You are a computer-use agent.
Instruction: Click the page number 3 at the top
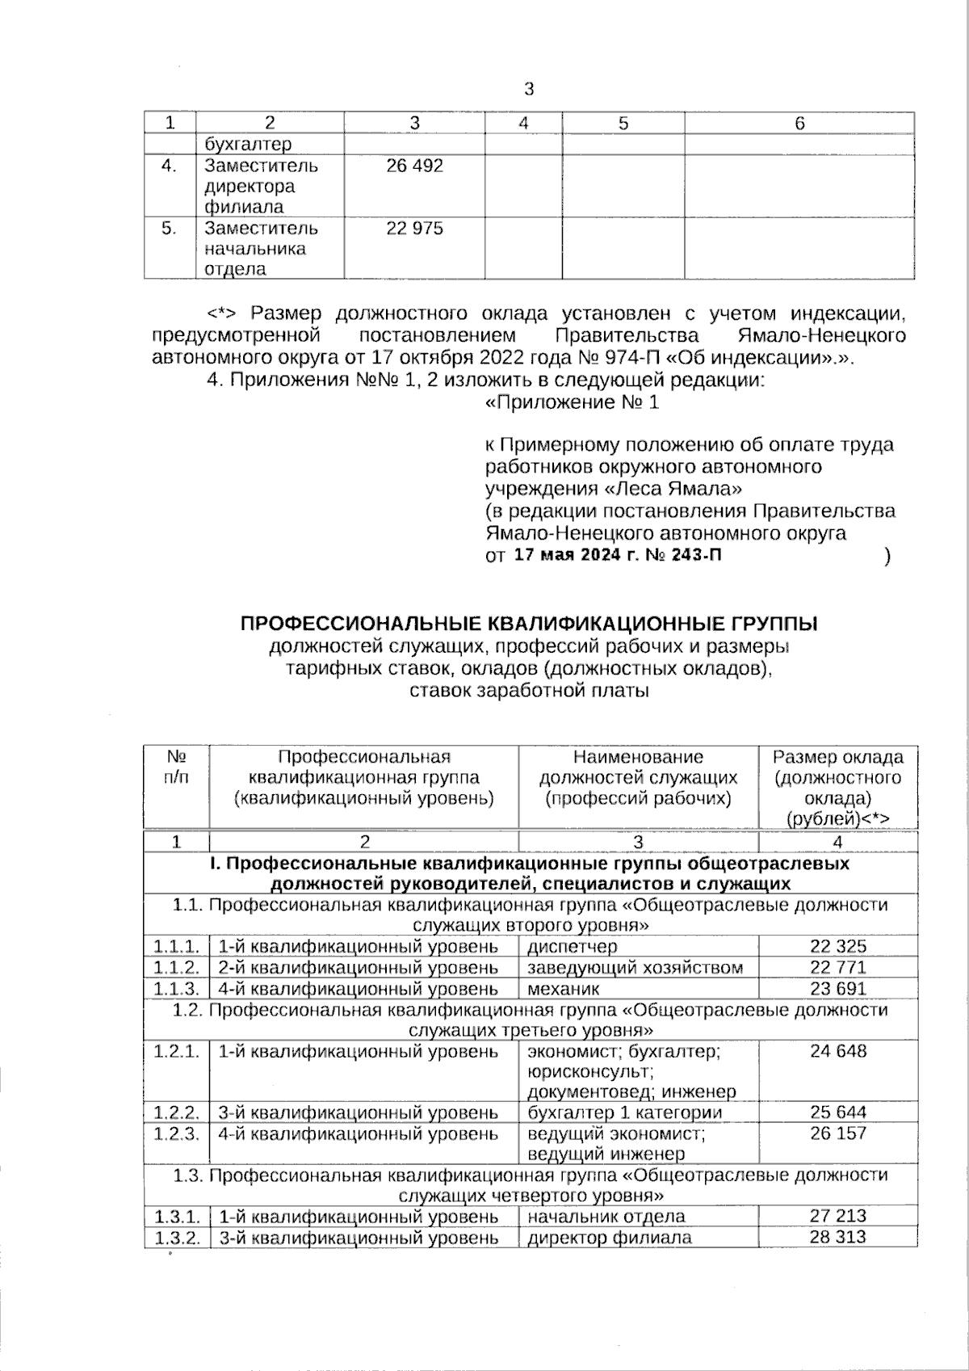(529, 90)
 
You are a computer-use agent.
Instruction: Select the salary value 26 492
(414, 166)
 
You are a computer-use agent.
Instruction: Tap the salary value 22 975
(414, 229)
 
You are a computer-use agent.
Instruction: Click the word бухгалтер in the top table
(248, 145)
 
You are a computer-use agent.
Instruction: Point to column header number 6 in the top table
(799, 124)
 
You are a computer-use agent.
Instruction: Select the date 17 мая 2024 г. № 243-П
(618, 555)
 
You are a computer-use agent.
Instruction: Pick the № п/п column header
(176, 768)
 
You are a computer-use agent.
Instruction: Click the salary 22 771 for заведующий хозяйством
(837, 967)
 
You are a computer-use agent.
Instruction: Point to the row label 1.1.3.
(176, 988)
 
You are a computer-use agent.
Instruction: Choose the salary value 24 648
(837, 1051)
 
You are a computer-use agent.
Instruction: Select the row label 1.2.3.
(176, 1133)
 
